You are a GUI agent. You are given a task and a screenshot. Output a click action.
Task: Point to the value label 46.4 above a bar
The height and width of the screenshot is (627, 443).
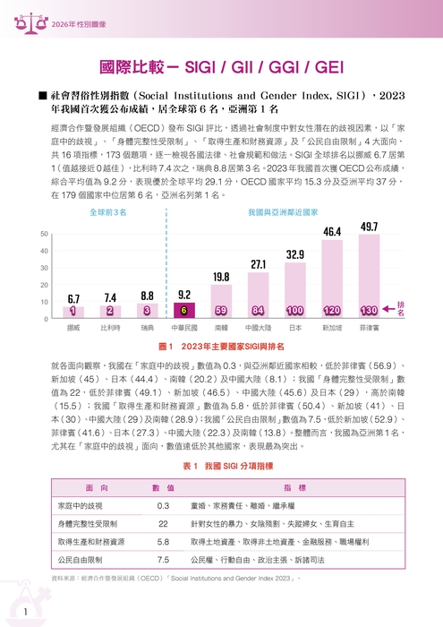(x=332, y=232)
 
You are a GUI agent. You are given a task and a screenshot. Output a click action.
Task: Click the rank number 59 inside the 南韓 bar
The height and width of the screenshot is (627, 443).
(x=221, y=311)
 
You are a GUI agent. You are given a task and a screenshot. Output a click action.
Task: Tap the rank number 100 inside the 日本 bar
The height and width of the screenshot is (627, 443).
(x=295, y=311)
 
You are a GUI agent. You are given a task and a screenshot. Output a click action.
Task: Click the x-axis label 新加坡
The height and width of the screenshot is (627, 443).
(x=332, y=329)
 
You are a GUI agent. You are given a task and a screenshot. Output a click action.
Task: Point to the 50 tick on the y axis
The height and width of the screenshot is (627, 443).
(x=44, y=234)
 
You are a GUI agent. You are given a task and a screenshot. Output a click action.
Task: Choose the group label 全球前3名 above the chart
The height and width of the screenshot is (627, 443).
(x=108, y=213)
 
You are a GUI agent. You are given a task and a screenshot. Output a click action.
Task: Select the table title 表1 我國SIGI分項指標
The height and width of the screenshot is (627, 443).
(x=221, y=467)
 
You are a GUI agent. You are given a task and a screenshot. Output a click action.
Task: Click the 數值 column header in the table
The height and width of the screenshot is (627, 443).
(x=163, y=487)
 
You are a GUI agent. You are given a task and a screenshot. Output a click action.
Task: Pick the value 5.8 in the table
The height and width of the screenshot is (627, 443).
(x=163, y=542)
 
